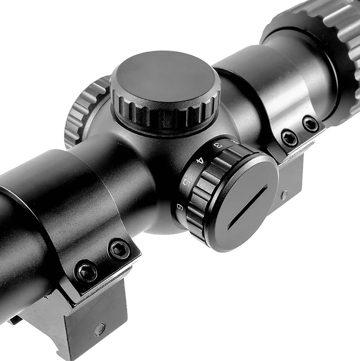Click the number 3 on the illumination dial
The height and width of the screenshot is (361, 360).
coord(218,145)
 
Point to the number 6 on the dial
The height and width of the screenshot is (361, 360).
coord(180,207)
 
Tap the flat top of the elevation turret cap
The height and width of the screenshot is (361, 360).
coord(165,80)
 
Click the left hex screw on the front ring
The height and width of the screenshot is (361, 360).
coord(87,271)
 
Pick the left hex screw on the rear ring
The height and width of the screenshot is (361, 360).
coord(289,138)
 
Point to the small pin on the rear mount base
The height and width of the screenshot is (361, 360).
coord(284,194)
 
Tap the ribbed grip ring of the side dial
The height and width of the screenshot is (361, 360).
coord(198,198)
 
